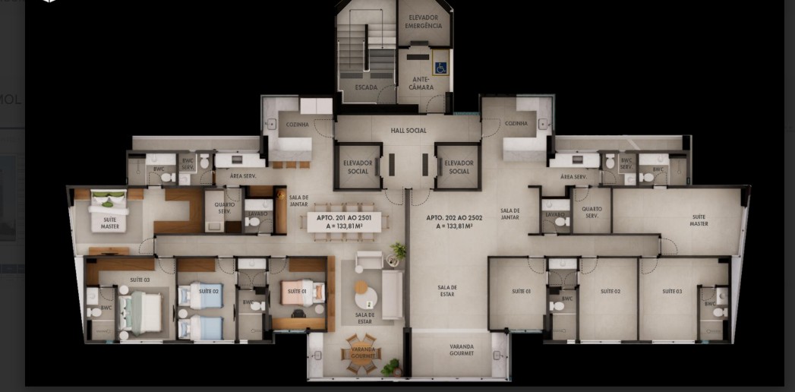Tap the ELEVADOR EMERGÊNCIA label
423,21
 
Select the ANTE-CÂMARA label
421,83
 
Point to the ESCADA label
366,87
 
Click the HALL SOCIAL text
409,131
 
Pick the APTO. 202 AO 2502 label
450,221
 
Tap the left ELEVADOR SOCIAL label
358,167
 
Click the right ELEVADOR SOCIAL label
459,167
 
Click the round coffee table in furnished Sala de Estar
364,292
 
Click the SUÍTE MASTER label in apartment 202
699,220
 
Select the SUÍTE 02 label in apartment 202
610,291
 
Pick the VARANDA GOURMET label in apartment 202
461,350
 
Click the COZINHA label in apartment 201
297,124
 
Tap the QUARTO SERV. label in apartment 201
224,207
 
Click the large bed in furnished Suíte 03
141,312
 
